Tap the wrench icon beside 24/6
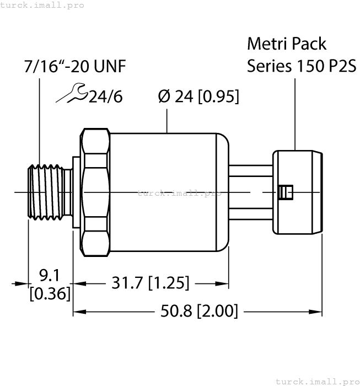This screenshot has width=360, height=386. [x=72, y=95]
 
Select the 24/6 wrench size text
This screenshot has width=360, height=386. [x=105, y=97]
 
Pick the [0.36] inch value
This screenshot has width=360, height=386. [x=50, y=293]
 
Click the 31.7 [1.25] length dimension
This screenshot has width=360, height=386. [x=151, y=283]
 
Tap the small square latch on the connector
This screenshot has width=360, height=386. [x=286, y=192]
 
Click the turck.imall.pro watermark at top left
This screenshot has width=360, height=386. [x=42, y=5]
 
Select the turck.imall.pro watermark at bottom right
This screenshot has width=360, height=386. [x=316, y=381]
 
